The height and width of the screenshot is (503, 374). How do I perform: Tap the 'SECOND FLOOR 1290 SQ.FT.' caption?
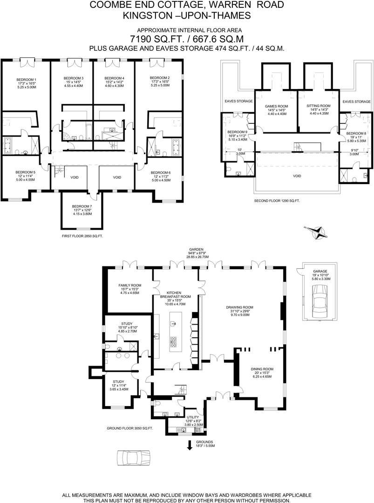277,200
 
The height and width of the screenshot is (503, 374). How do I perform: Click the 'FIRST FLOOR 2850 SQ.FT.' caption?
82,236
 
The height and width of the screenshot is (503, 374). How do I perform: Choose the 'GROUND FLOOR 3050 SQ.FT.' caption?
130,428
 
